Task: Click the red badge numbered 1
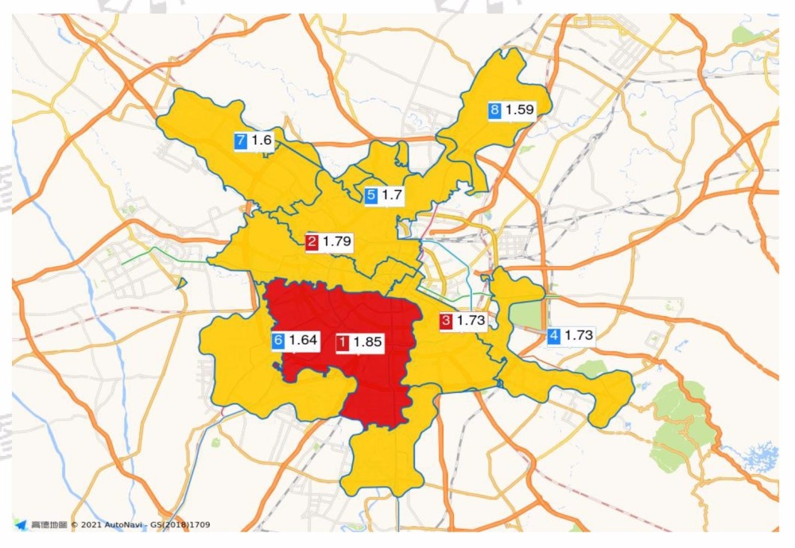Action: click(343, 343)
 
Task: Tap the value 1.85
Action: click(368, 343)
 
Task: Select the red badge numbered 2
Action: click(312, 241)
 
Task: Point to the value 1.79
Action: click(337, 241)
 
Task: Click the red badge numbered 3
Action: click(446, 321)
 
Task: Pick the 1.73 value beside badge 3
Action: click(471, 321)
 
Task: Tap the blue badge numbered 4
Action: click(554, 336)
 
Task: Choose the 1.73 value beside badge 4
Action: click(579, 336)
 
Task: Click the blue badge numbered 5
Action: click(370, 195)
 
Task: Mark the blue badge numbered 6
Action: click(278, 342)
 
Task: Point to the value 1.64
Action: click(303, 342)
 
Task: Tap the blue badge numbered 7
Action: click(241, 141)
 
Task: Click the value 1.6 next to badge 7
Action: click(262, 141)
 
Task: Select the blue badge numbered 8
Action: click(494, 110)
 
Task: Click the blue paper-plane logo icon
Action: click(20, 525)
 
